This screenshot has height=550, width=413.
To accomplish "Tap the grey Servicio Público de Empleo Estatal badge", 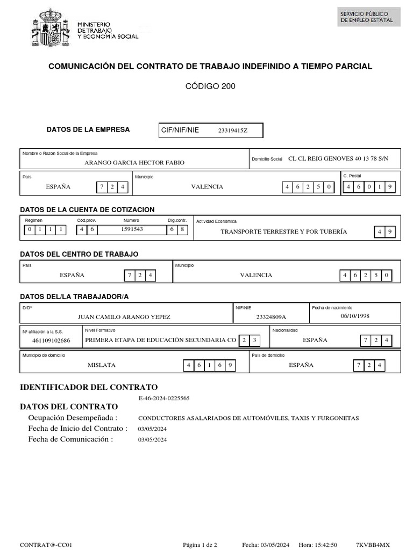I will [368, 17].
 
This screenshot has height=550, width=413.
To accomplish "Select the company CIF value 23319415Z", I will [233, 131].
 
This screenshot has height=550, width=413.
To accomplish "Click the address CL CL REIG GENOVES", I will [338, 158].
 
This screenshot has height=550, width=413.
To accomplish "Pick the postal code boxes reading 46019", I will [371, 187].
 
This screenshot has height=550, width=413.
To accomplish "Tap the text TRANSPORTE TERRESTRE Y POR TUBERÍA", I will [283, 231].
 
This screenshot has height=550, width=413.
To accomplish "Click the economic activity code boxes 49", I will [385, 231].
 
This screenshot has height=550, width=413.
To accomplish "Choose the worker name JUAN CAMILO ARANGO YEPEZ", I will [124, 317].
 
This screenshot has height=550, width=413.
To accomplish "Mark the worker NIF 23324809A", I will [271, 317].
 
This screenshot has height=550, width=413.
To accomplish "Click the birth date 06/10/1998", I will [355, 316].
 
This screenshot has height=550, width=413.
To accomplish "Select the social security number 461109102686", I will [51, 341].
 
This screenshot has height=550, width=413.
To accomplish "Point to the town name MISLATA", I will [102, 365].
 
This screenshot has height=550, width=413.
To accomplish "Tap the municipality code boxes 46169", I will [209, 365].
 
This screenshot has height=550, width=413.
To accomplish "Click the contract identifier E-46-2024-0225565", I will [163, 398].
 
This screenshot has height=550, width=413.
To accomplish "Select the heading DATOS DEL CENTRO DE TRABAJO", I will [79, 254].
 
